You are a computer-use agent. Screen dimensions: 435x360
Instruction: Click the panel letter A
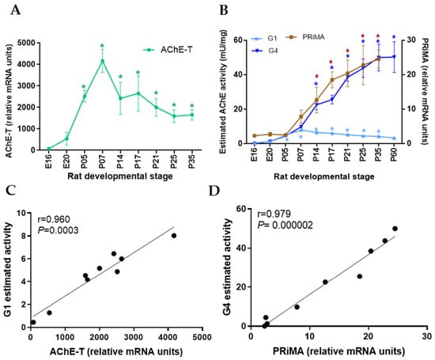click(16, 10)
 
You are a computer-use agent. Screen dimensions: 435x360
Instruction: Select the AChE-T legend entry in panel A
click(168, 50)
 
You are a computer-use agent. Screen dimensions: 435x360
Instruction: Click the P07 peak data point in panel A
click(102, 61)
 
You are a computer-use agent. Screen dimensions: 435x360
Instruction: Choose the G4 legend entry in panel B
click(265, 51)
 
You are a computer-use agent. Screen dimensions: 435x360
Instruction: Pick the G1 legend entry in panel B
click(264, 38)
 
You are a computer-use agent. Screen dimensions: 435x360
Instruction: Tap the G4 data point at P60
click(394, 57)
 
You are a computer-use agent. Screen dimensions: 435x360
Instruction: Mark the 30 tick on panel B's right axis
click(411, 40)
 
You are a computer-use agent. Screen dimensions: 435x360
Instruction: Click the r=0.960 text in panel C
click(54, 219)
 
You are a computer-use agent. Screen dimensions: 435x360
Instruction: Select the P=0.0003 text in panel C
click(58, 230)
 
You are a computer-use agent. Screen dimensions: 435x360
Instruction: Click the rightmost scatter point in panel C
click(174, 236)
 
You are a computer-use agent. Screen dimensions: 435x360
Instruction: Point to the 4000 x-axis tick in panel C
click(168, 337)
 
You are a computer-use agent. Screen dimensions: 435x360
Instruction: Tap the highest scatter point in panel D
click(395, 229)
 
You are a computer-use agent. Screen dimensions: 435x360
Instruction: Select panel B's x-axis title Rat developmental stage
click(324, 176)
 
